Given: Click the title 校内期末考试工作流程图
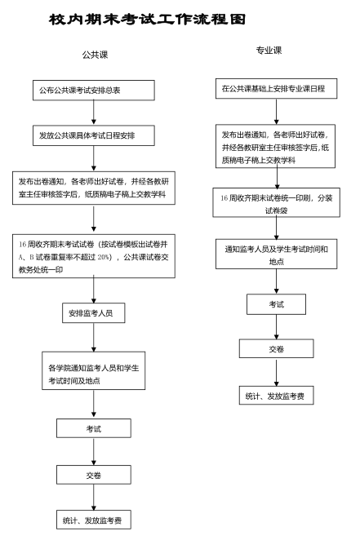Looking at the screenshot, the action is click(147, 20).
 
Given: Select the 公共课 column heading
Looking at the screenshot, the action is click(95, 55).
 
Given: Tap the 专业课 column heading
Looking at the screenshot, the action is click(269, 51).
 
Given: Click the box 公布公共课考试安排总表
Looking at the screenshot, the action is click(94, 91).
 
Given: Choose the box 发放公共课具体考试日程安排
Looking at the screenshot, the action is click(94, 135).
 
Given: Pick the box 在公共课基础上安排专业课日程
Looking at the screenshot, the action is click(276, 89).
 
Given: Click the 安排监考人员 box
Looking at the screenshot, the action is click(94, 313).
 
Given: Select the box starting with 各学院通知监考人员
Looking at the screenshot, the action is click(94, 371).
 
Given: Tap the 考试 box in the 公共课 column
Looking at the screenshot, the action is click(94, 428).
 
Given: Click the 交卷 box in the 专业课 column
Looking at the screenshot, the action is click(276, 348).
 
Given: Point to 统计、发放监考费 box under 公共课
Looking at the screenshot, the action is click(94, 520).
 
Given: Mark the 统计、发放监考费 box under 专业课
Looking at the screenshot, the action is click(276, 396).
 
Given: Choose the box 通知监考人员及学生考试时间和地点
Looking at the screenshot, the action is click(276, 255).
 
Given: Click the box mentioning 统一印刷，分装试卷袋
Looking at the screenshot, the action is click(276, 203).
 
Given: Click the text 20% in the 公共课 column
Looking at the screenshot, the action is click(103, 257).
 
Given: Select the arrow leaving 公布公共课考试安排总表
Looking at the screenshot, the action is click(94, 113).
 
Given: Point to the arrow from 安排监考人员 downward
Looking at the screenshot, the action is click(94, 337).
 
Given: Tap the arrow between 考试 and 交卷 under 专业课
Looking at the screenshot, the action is click(276, 327).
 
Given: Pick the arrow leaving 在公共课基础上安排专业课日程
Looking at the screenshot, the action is click(276, 112).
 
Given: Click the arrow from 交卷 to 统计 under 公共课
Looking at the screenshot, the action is click(94, 497).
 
